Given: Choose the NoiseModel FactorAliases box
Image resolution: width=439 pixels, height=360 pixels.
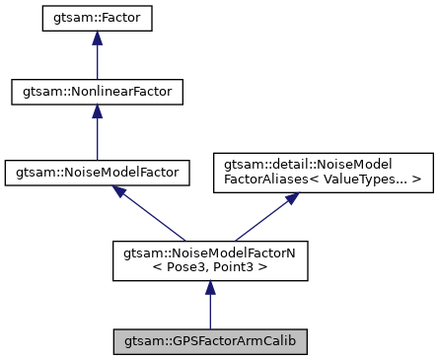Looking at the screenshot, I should tap(324, 171).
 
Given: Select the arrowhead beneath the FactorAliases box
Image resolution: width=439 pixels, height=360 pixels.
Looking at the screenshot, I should tap(291, 197).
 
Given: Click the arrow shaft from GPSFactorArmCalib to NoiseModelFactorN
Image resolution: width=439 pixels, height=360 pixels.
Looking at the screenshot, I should tap(209, 311).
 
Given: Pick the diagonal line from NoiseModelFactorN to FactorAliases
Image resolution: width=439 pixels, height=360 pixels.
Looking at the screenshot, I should tap(261, 218).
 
